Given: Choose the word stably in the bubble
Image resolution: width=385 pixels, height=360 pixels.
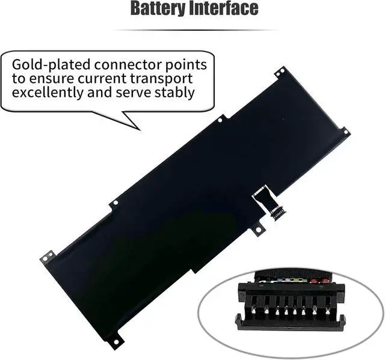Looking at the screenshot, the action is click(x=174, y=93).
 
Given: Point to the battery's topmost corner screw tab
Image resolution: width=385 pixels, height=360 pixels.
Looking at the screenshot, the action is click(x=279, y=72).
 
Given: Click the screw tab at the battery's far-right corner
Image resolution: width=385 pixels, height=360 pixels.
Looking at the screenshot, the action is click(x=345, y=132).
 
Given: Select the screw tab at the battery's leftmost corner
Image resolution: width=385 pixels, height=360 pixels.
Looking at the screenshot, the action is click(x=46, y=257).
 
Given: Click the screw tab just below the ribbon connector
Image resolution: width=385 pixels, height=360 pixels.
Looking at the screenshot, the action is click(x=257, y=229).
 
